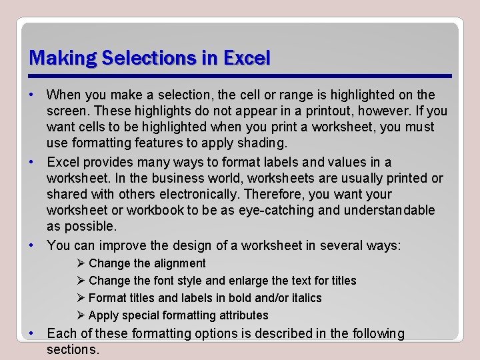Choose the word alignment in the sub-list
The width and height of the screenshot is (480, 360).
tap(178, 263)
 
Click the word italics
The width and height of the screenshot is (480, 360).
tap(299, 298)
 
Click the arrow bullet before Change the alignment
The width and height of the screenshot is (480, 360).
tap(82, 263)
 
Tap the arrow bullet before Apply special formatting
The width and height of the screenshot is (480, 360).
tap(82, 315)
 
